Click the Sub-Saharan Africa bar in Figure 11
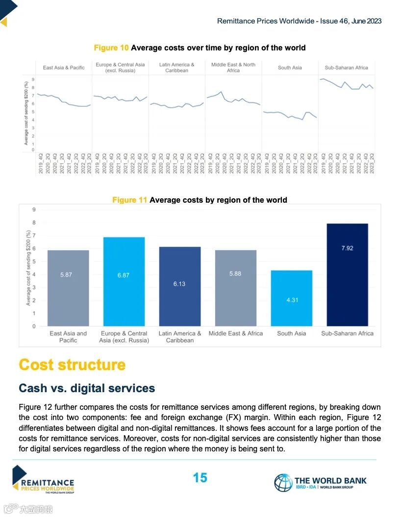pyautogui.click(x=347, y=275)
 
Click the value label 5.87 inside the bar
pyautogui.click(x=66, y=275)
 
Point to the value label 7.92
pyautogui.click(x=347, y=248)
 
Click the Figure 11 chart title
pyautogui.click(x=200, y=200)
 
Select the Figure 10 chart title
pyautogui.click(x=200, y=47)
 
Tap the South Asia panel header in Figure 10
pyautogui.click(x=290, y=68)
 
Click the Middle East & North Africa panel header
pyautogui.click(x=233, y=68)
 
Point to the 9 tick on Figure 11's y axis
pyautogui.click(x=34, y=210)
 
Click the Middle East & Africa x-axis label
pyautogui.click(x=235, y=333)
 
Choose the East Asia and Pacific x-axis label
pyautogui.click(x=68, y=337)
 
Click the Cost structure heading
pyautogui.click(x=72, y=365)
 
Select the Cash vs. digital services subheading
pyautogui.click(x=87, y=388)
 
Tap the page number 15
pyautogui.click(x=200, y=478)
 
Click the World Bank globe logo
pyautogui.click(x=283, y=483)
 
